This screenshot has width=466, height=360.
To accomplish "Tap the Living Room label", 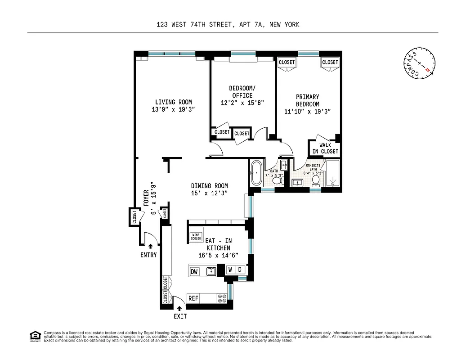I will click(x=174, y=102).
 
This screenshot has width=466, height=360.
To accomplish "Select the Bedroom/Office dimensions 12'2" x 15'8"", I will click(x=242, y=103).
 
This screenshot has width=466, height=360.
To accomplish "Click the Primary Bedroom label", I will click(x=308, y=100).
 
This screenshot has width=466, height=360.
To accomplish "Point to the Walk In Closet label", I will click(x=325, y=148).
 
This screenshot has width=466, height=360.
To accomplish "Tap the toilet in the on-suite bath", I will click(x=316, y=180).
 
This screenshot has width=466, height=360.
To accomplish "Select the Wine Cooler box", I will click(x=196, y=237).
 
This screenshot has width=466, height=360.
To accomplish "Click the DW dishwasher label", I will click(x=194, y=271).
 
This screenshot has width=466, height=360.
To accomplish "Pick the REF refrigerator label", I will click(x=193, y=298).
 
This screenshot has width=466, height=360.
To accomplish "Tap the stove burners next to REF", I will click(x=222, y=298).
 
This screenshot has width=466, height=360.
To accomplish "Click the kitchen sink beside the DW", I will click(x=211, y=271).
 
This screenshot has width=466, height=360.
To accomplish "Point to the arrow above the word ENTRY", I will click(x=150, y=246).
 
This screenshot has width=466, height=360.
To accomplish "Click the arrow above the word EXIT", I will click(x=179, y=309).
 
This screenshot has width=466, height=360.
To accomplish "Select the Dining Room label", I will click(x=209, y=186).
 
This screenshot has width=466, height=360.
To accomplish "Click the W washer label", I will click(x=230, y=270).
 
